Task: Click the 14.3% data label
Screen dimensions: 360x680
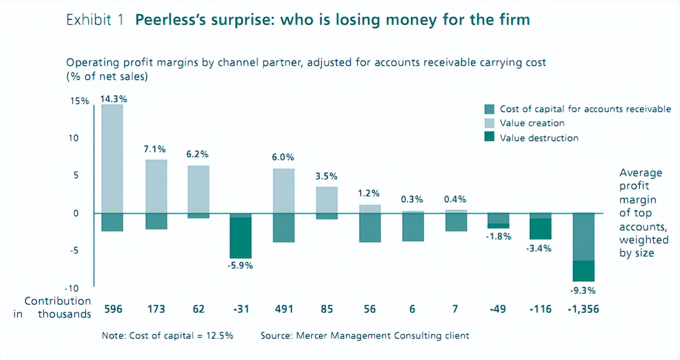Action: click(114, 99)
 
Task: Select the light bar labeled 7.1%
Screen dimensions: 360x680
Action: click(156, 186)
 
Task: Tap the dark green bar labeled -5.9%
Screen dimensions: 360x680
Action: click(241, 238)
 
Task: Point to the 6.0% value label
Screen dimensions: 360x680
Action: click(283, 157)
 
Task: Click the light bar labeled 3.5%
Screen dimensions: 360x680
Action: click(326, 200)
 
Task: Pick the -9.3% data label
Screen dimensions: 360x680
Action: click(584, 290)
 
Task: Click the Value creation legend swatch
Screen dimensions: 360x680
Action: click(490, 123)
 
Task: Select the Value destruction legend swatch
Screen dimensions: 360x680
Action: click(490, 138)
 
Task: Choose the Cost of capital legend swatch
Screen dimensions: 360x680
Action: click(490, 109)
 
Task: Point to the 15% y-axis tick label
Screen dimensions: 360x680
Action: click(79, 101)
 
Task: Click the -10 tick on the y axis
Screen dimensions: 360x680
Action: click(73, 288)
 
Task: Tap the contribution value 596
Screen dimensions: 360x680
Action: click(113, 309)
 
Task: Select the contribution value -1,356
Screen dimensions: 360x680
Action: click(583, 309)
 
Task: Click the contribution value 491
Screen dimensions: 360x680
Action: click(284, 309)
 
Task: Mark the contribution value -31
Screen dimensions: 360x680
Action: click(241, 309)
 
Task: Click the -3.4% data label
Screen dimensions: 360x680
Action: click(541, 248)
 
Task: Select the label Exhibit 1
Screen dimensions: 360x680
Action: click(95, 21)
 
